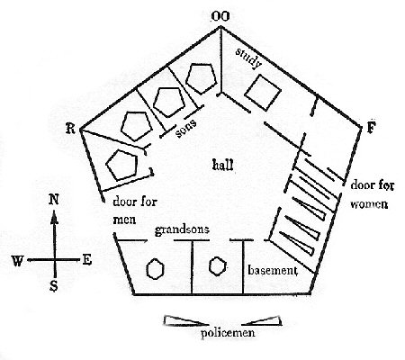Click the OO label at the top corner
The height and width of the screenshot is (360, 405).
click(x=220, y=16)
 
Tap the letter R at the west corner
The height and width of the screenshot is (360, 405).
click(x=70, y=129)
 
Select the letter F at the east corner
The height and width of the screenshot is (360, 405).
click(x=371, y=128)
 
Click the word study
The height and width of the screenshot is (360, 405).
click(x=248, y=58)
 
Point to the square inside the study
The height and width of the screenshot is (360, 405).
click(x=263, y=92)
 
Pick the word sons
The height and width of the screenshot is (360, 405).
click(x=186, y=129)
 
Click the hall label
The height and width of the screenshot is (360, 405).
click(x=222, y=165)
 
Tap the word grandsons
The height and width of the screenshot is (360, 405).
click(x=182, y=230)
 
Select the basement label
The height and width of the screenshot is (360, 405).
click(x=273, y=270)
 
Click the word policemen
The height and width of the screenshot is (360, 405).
click(x=228, y=333)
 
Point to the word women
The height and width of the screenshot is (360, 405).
click(x=369, y=204)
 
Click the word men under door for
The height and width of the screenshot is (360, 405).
click(x=124, y=220)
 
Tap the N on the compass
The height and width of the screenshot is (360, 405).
click(x=53, y=200)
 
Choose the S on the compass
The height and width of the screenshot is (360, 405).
click(x=54, y=287)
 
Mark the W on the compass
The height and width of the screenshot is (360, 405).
click(x=17, y=261)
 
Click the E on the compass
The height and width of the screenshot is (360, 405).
click(x=86, y=260)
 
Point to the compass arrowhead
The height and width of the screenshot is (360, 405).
click(x=54, y=218)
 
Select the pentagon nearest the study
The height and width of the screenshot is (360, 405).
click(x=201, y=78)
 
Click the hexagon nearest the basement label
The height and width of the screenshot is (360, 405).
click(x=217, y=266)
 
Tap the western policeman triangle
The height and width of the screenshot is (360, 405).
click(x=186, y=321)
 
